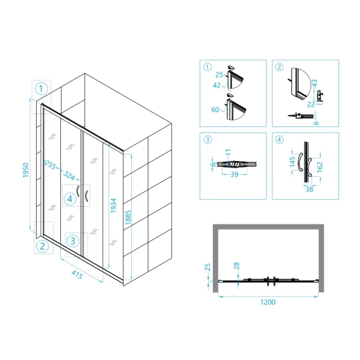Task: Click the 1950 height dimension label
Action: pos(26,170)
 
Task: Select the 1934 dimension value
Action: pos(113,205)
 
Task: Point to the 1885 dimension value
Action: pos(128,217)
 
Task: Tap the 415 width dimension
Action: pos(77,274)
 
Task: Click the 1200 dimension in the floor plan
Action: pos(267,302)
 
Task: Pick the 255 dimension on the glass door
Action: pos(49,164)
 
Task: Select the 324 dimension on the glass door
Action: pos(69,176)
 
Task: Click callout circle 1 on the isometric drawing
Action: pos(41,89)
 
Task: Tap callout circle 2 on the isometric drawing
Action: pos(42,247)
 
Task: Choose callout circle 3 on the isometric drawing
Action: pos(73,241)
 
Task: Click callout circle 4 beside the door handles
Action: pos(70,199)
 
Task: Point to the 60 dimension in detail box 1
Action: pos(215,110)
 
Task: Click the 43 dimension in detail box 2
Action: pos(314,83)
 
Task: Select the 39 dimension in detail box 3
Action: pos(234,174)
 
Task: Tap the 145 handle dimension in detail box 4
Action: pos(292,162)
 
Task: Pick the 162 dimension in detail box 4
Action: pos(319,167)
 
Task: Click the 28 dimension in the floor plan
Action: pos(236,266)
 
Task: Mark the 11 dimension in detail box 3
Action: pos(228,152)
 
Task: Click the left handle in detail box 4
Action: pos(300,162)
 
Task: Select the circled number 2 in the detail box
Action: pos(279,67)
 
